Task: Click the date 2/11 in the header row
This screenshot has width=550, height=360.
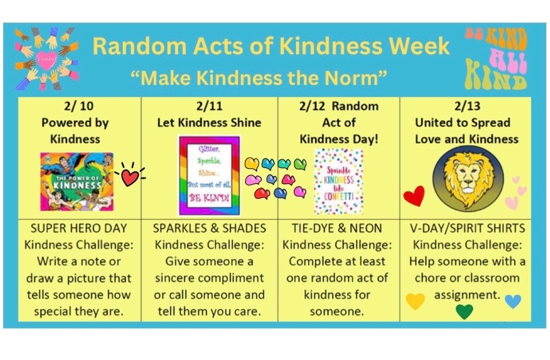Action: (x=209, y=106)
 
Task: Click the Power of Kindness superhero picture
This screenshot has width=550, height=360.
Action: (x=77, y=181)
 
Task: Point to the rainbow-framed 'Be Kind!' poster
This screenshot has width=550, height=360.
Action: (x=209, y=176)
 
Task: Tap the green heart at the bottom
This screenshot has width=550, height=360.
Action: (x=464, y=311)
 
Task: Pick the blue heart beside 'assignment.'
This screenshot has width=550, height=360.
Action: (x=513, y=301)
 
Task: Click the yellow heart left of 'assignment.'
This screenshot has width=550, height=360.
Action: (x=415, y=301)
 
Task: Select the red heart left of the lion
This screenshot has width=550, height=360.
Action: (x=414, y=196)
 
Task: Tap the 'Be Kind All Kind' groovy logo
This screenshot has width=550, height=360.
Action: (x=496, y=58)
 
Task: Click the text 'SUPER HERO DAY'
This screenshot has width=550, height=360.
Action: (x=79, y=228)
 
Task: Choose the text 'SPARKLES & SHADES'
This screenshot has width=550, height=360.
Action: (x=209, y=228)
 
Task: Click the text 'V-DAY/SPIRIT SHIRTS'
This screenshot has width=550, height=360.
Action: (x=466, y=228)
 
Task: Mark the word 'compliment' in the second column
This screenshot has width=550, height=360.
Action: (x=235, y=278)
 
